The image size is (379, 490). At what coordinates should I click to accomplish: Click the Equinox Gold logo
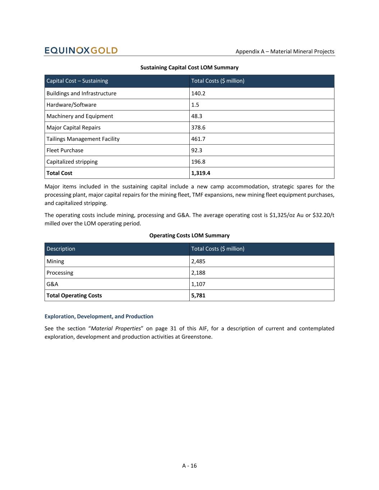[x=81, y=50]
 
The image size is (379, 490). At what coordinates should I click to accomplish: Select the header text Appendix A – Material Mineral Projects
[x=285, y=51]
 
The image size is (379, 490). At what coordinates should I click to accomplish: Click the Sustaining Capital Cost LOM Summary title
[x=189, y=67]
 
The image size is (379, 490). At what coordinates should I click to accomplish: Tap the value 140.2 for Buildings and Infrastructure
[x=198, y=93]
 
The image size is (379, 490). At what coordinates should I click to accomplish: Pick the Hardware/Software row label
[x=71, y=105]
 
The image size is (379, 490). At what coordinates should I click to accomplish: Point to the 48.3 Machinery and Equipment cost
[x=197, y=116]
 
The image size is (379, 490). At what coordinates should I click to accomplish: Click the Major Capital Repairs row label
[x=74, y=127]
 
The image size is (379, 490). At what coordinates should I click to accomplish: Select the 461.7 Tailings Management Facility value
[x=198, y=139]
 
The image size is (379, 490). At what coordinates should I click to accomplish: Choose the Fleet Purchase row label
[x=65, y=150]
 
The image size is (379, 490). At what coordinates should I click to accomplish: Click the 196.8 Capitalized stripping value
[x=198, y=162]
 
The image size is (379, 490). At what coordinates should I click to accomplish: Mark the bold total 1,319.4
[x=201, y=173]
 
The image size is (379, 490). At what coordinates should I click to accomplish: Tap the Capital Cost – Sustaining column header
[x=77, y=81]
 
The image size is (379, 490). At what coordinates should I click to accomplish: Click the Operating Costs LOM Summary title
[x=189, y=235]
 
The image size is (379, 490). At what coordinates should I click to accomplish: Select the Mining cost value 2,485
[x=198, y=261]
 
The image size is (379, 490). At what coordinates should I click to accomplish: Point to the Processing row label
[x=60, y=273]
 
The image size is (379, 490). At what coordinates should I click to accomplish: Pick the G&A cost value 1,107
[x=198, y=284]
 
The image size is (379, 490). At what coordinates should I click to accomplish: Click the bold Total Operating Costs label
[x=74, y=295]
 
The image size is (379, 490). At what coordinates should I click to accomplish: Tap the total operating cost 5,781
[x=198, y=295]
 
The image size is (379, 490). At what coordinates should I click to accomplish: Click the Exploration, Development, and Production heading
[x=99, y=316]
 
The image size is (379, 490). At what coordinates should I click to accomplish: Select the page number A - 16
[x=189, y=466]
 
